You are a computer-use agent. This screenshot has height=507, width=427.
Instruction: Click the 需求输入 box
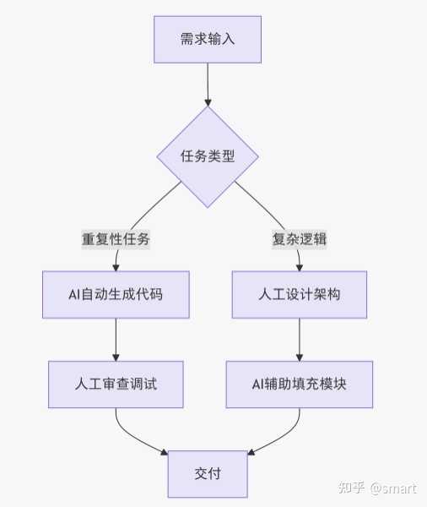point(208,40)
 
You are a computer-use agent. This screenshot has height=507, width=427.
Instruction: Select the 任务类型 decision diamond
point(208,156)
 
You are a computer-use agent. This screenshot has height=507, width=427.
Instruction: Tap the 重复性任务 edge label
point(116,239)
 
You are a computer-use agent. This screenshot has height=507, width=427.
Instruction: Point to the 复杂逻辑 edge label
point(300,239)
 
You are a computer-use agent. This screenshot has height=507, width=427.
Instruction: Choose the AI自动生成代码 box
point(116,295)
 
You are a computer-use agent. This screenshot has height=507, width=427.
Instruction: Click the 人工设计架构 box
point(300,295)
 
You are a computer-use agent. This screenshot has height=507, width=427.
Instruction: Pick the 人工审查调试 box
point(116,384)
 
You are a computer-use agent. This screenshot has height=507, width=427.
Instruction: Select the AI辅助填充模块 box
point(300,384)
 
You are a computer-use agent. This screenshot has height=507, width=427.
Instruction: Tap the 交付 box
point(208,474)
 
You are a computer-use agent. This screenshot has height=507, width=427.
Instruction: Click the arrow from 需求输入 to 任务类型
point(208,84)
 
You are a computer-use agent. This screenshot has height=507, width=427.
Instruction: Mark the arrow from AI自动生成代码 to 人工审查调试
point(116,340)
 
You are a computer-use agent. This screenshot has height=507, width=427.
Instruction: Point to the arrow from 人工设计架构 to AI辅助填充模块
point(300,340)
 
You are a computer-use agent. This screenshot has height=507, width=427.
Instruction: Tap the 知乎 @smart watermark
point(376,488)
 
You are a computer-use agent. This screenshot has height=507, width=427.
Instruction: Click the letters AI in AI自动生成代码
point(74,295)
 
